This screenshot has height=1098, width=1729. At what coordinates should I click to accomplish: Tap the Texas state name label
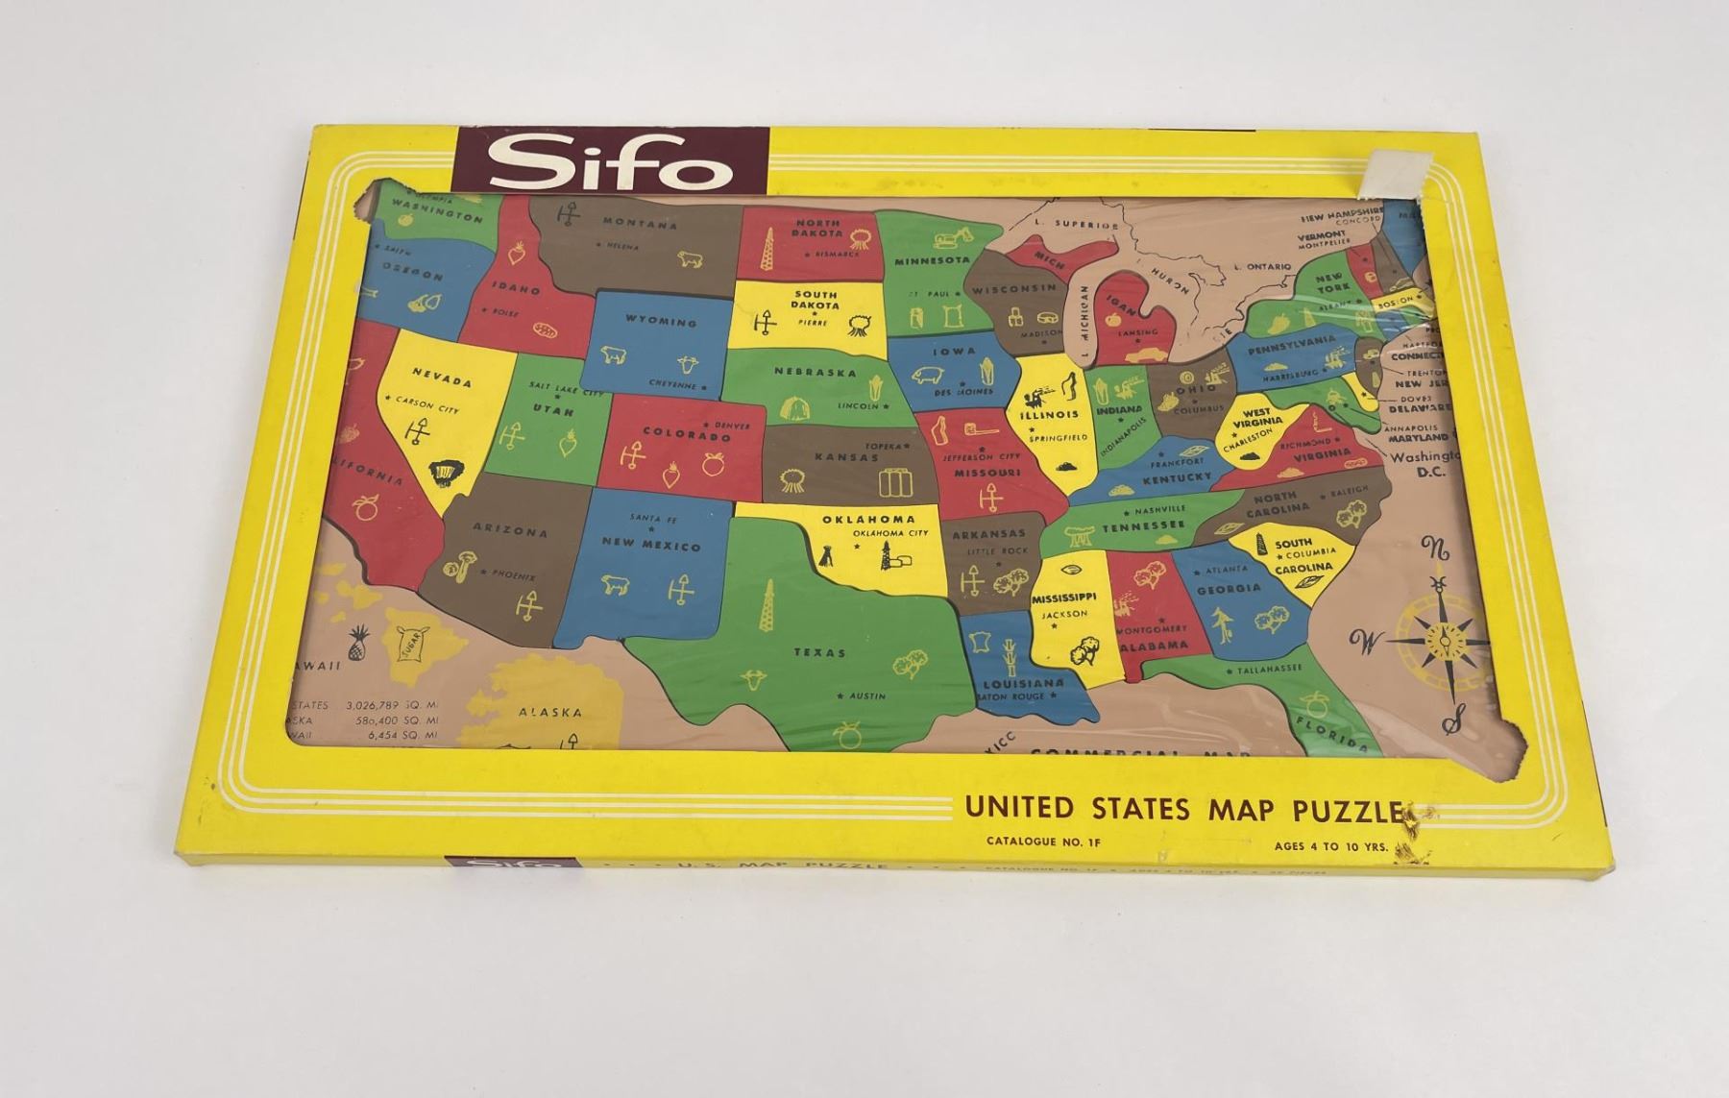(x=819, y=652)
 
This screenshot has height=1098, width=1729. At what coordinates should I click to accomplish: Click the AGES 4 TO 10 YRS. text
(x=1331, y=846)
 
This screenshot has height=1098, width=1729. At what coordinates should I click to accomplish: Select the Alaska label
(x=549, y=713)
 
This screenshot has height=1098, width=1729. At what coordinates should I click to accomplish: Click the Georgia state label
(x=1229, y=588)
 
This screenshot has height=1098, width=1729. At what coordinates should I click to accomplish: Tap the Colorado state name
(x=686, y=435)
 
